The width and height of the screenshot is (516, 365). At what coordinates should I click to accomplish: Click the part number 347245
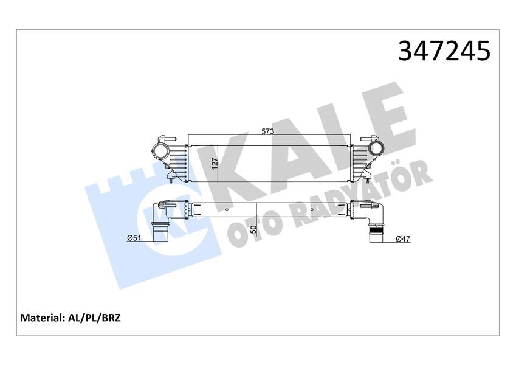(x=444, y=51)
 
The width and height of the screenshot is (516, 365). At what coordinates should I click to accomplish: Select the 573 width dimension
(x=268, y=131)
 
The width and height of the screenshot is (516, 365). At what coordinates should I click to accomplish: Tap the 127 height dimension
(x=215, y=162)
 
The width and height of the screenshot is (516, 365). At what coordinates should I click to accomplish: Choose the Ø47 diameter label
(x=402, y=238)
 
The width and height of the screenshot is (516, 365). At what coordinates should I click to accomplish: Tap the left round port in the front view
(x=162, y=150)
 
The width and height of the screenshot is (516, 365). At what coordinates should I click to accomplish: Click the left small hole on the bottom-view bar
(x=226, y=210)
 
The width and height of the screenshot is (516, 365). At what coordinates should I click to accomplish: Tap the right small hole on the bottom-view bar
(x=312, y=210)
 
